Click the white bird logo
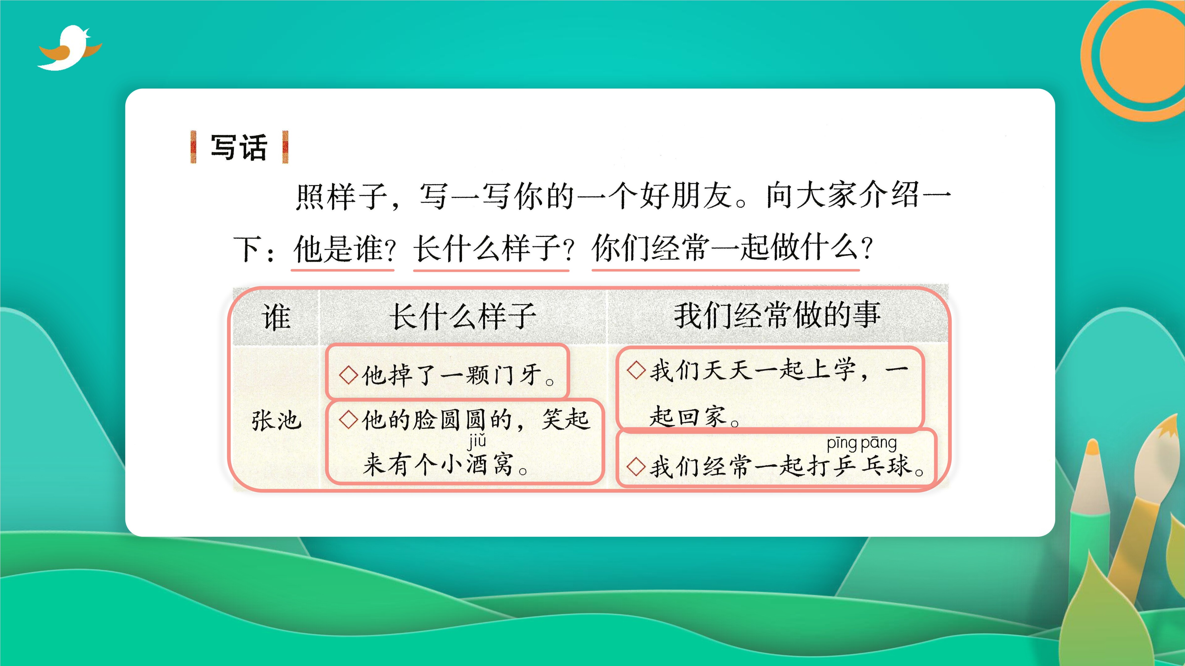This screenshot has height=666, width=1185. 69,48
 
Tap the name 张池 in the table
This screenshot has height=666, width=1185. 276,420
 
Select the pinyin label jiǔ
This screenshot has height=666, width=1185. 477,441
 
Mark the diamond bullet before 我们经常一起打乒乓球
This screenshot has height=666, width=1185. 636,466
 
